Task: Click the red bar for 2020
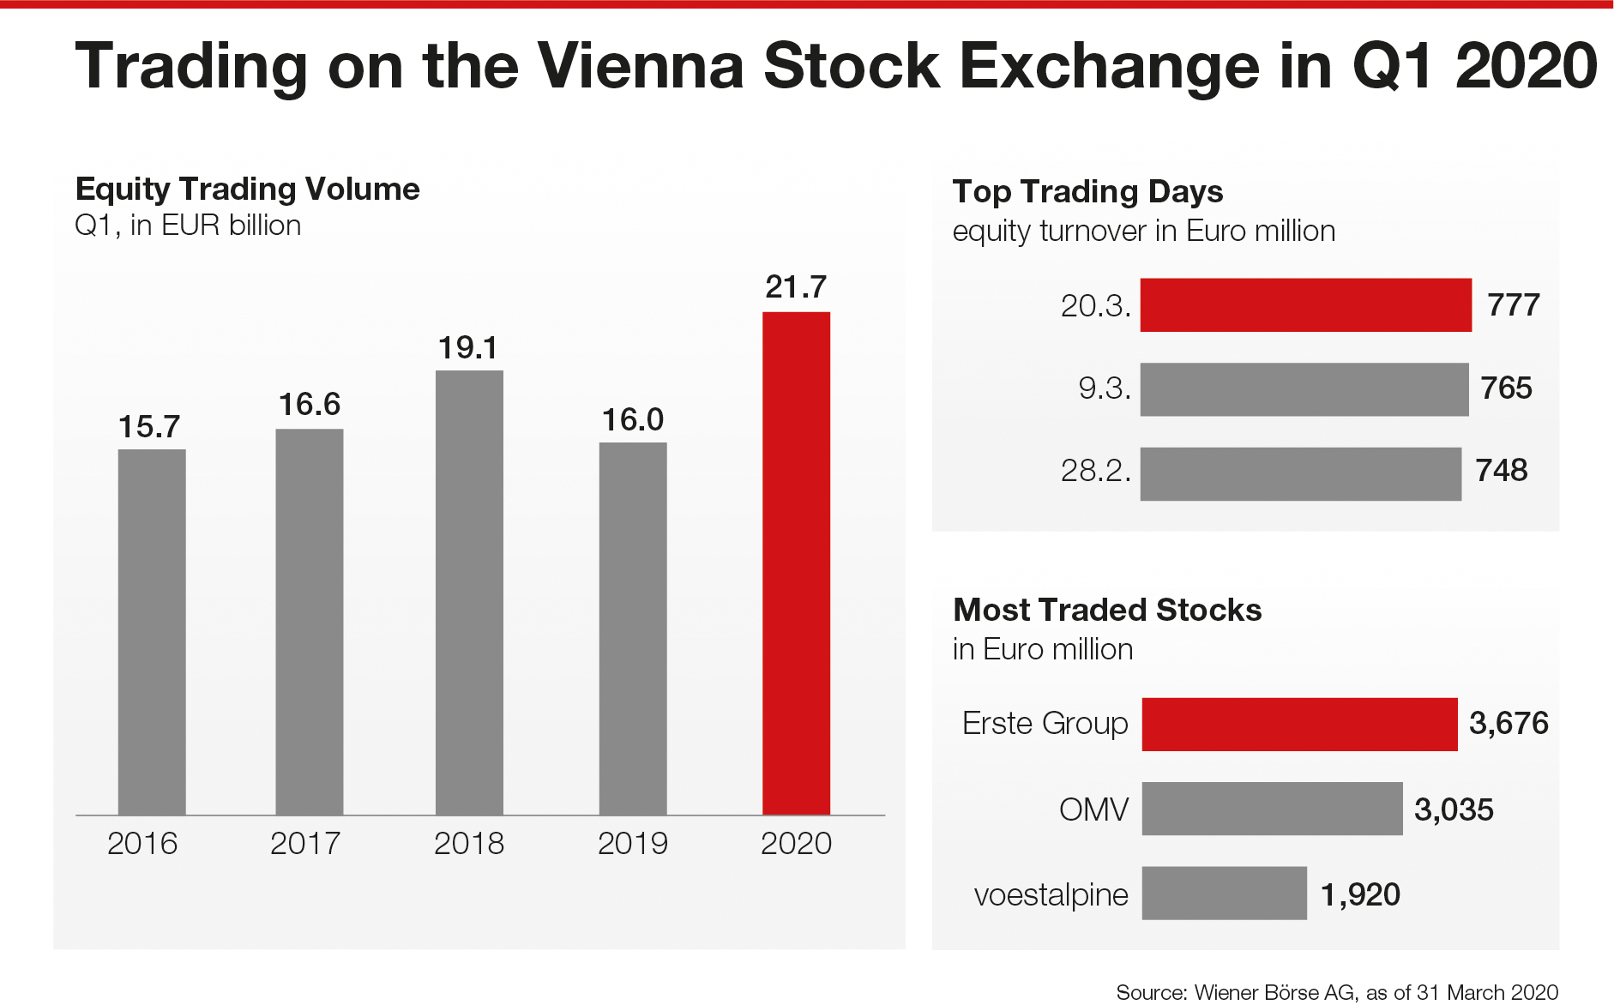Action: click(x=796, y=563)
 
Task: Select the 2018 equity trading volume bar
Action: click(x=469, y=592)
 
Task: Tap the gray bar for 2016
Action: click(x=152, y=631)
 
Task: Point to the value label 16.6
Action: click(x=310, y=404)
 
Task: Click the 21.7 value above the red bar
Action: click(x=796, y=286)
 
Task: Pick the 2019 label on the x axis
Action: click(x=633, y=844)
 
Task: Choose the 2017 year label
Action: click(x=305, y=844)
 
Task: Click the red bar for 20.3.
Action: click(x=1305, y=305)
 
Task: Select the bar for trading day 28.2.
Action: click(x=1300, y=473)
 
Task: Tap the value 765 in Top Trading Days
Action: click(x=1506, y=388)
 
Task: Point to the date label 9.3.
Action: click(x=1105, y=389)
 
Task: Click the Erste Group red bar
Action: click(x=1299, y=725)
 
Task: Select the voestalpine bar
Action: click(x=1224, y=894)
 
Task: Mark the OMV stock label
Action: click(x=1093, y=809)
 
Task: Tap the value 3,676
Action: click(x=1509, y=724)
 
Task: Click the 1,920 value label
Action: click(x=1360, y=895)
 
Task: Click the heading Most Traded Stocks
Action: click(x=1107, y=610)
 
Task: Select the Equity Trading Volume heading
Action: click(x=248, y=189)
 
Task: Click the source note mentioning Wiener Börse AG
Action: click(x=1336, y=992)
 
